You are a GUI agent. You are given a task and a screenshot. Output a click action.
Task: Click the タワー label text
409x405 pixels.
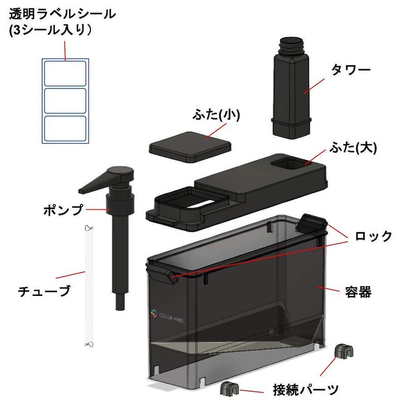point(351,70)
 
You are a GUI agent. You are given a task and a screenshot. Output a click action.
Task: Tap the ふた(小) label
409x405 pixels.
point(216,115)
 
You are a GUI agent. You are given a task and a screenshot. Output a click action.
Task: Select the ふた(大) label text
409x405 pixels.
point(353,148)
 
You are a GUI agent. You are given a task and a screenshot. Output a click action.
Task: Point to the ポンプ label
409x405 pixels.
point(63,210)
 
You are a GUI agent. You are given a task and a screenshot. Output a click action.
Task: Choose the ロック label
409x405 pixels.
point(373,236)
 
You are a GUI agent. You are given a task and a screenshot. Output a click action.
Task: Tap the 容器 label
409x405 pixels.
point(358,292)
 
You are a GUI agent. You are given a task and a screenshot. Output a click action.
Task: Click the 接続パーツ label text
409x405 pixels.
point(306,390)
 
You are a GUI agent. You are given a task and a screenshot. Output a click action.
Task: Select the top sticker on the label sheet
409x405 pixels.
point(65,74)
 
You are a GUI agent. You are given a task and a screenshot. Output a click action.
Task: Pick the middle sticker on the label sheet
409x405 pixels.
point(65,101)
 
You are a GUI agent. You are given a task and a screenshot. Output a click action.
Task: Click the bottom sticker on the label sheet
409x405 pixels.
point(65,128)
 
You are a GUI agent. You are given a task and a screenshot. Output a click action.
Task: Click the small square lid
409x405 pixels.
point(190,147)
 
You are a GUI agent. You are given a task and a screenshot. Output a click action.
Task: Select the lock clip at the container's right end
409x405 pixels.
point(312,223)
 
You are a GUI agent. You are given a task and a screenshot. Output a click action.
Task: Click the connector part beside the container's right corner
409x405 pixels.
point(344,351)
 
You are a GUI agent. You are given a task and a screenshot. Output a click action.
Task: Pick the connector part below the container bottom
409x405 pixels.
point(229,389)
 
